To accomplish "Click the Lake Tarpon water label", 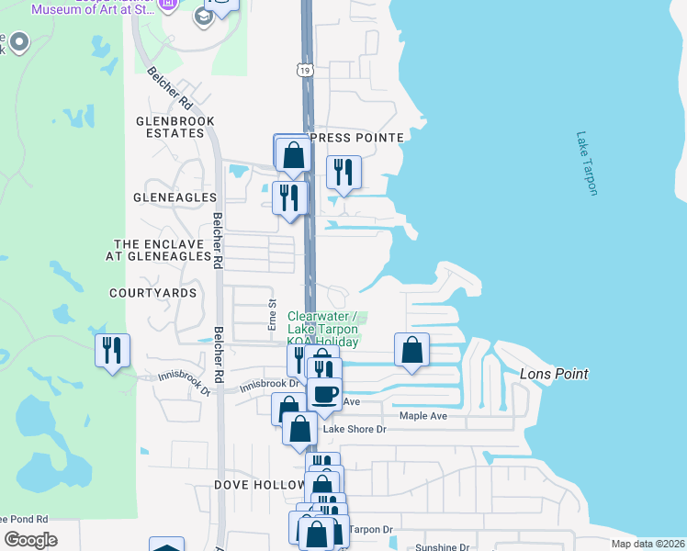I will click(x=587, y=163).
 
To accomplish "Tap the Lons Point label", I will click(x=553, y=374).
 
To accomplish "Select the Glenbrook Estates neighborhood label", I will click(x=175, y=127).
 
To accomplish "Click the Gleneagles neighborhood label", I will click(x=175, y=197).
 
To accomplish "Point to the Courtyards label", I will click(x=153, y=293).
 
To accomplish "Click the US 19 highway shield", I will click(x=304, y=70).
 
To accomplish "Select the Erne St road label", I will click(x=272, y=314).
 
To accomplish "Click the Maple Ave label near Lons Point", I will click(x=422, y=416).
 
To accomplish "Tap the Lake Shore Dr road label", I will click(x=355, y=429).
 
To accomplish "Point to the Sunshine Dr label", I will click(x=442, y=547).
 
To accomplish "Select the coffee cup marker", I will click(x=323, y=394).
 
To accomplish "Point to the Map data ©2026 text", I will click(x=647, y=544).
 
